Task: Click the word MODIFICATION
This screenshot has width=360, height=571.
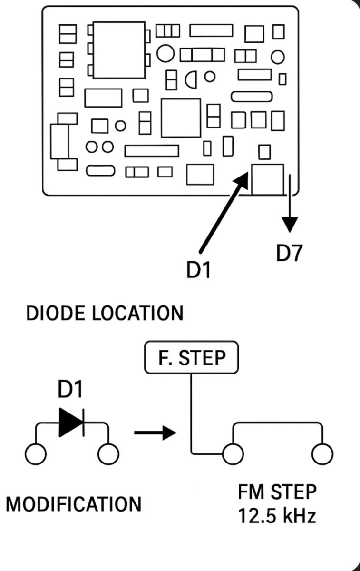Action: [x=74, y=504]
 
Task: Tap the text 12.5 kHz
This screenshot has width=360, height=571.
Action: [x=277, y=516]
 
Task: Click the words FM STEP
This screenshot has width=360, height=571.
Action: [x=277, y=492]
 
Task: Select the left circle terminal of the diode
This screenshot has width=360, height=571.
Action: [x=36, y=454]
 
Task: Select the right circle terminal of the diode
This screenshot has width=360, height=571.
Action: [x=108, y=454]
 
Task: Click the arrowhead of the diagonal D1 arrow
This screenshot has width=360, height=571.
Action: [x=243, y=178]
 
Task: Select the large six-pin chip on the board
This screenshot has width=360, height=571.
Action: [x=119, y=50]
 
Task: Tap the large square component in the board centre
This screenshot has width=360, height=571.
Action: [x=181, y=118]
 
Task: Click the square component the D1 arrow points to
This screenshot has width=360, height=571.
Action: [x=268, y=179]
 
